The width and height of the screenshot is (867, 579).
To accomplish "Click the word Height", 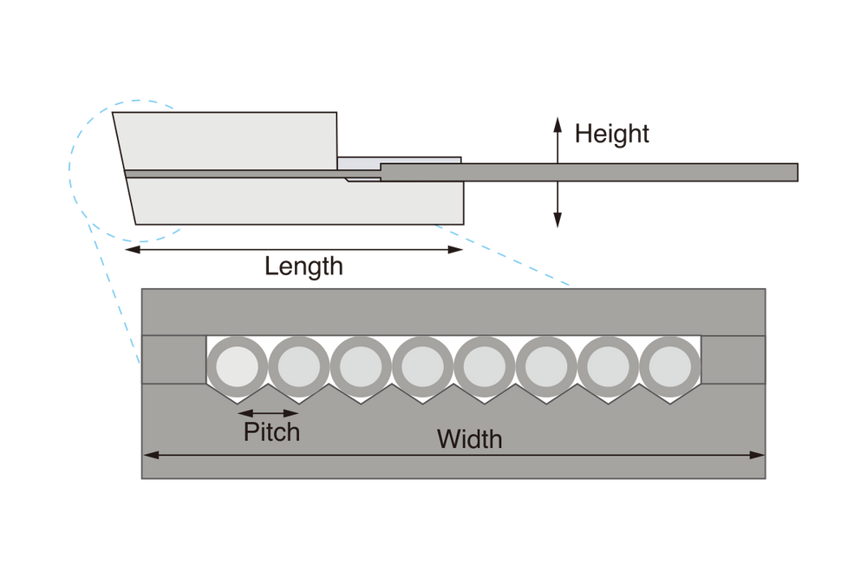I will pyautogui.click(x=611, y=135).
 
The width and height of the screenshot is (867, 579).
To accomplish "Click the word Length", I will pyautogui.click(x=303, y=266).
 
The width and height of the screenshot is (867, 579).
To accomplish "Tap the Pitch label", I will pyautogui.click(x=271, y=431).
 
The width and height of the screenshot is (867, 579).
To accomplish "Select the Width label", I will pyautogui.click(x=469, y=438).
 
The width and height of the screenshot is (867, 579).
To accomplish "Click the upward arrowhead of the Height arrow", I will pyautogui.click(x=557, y=121).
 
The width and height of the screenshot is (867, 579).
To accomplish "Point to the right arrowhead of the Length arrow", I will pyautogui.click(x=460, y=250).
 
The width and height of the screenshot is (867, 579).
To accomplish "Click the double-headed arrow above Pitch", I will pyautogui.click(x=269, y=412).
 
